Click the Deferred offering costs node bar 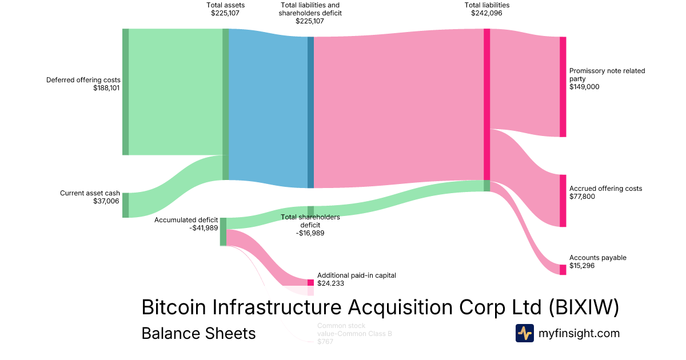[125, 91]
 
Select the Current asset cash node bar [125, 205]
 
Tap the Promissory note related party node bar [563, 87]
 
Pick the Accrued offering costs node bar [563, 201]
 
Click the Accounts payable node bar [563, 270]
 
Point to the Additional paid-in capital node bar [310, 282]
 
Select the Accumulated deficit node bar [223, 231]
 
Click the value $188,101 [106, 88]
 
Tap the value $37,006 [107, 201]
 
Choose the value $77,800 [583, 197]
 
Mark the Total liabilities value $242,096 [486, 13]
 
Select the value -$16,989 [310, 233]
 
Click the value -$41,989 [204, 228]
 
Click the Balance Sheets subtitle [198, 333]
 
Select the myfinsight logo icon [524, 333]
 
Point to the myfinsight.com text [579, 333]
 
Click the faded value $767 [325, 341]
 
